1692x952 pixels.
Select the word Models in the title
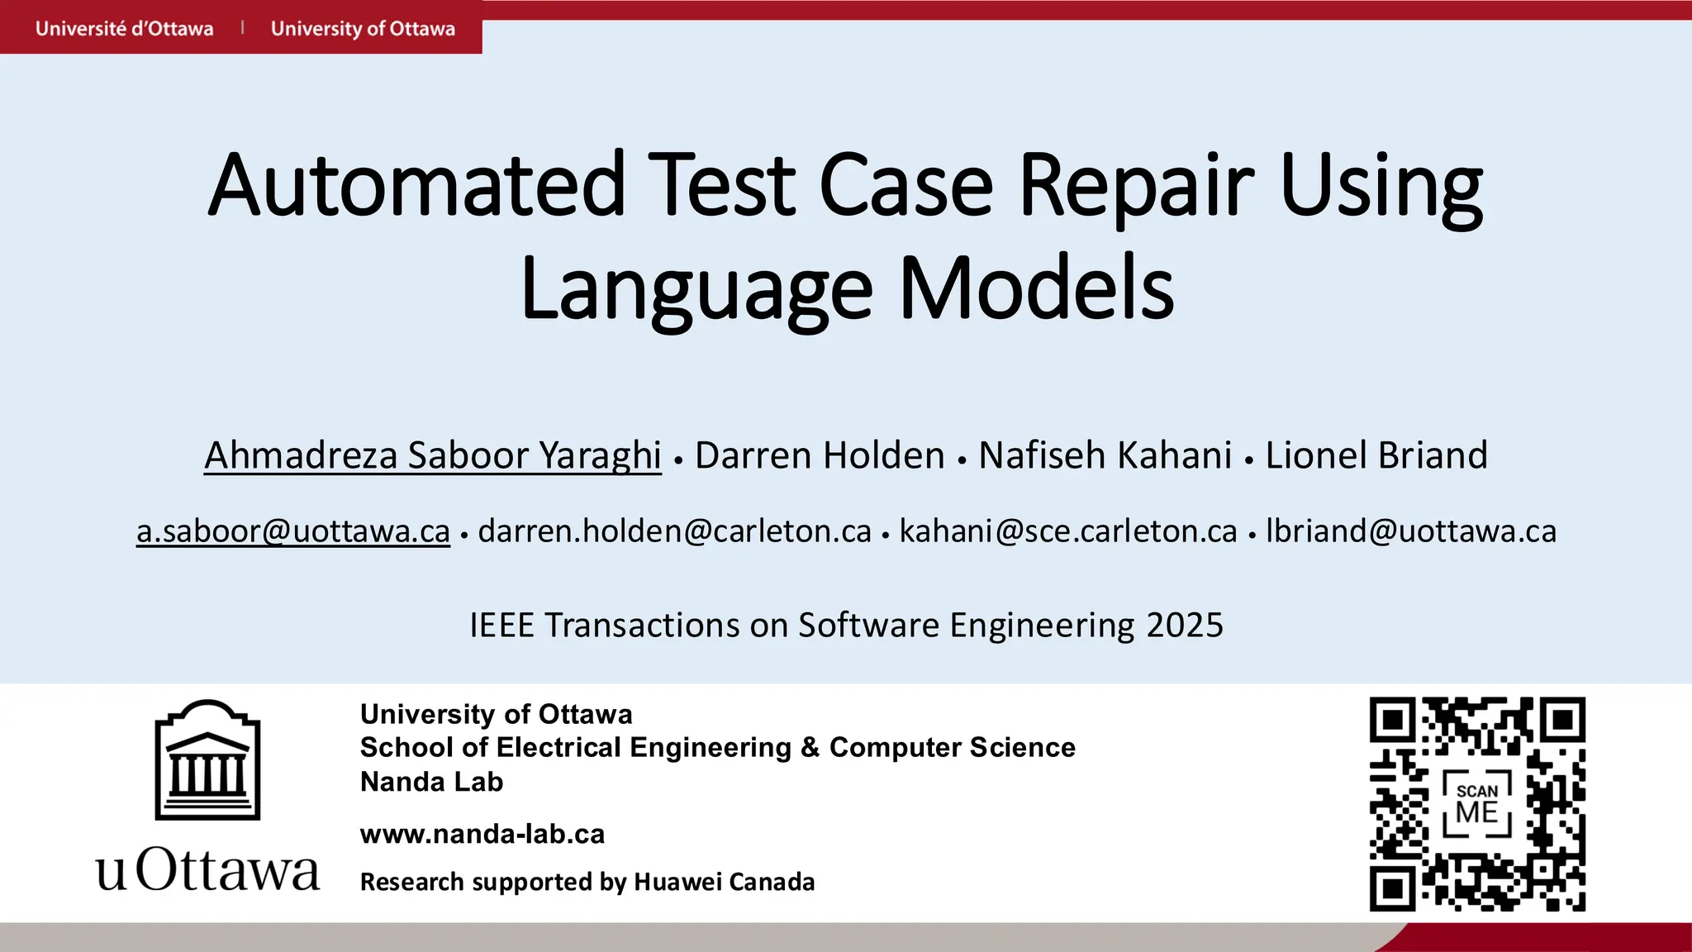pos(1036,289)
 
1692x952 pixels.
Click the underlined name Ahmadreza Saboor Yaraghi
pos(432,455)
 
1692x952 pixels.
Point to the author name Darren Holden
pos(820,455)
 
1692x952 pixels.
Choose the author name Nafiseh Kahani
pos(1105,455)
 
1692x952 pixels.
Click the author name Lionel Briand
pos(1376,455)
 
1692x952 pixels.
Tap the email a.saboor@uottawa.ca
pos(293,531)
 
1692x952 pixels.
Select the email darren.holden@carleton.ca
pos(674,531)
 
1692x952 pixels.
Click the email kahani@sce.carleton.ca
pos(1068,531)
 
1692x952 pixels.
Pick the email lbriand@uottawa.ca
pos(1411,531)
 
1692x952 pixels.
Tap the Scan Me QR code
pos(1477,804)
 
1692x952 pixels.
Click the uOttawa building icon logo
pos(207,760)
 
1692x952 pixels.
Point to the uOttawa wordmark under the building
pos(207,870)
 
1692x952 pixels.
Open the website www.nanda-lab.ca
pos(482,834)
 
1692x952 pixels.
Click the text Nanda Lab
pos(431,782)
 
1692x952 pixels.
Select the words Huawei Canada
pos(724,882)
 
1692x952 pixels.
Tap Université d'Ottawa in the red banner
pos(124,29)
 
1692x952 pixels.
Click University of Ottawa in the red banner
pos(363,29)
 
